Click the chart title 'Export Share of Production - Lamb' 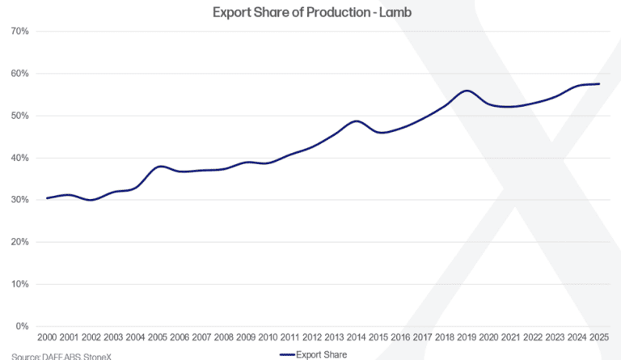[x=312, y=12]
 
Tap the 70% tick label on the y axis [x=19, y=32]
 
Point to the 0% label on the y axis [x=22, y=326]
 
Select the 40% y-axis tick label [x=19, y=158]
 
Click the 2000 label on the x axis [x=47, y=337]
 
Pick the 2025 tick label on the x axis [x=599, y=337]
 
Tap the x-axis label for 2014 [x=356, y=337]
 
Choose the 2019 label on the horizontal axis [x=467, y=337]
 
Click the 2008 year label [x=224, y=337]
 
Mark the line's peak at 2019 [x=467, y=91]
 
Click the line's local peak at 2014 [x=357, y=121]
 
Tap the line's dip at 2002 [x=91, y=200]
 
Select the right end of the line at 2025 [x=599, y=84]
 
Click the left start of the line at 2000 [x=47, y=198]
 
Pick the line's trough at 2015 [x=381, y=133]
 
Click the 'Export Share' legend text [x=321, y=355]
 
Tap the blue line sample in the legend [x=287, y=355]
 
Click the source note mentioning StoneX [x=61, y=357]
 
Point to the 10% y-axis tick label [x=19, y=284]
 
